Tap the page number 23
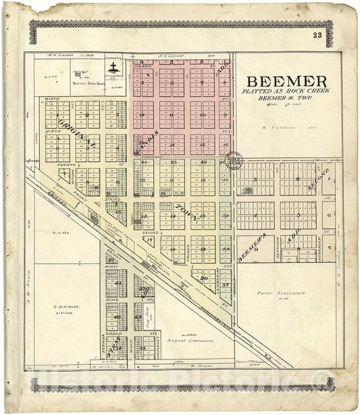(x=317, y=36)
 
